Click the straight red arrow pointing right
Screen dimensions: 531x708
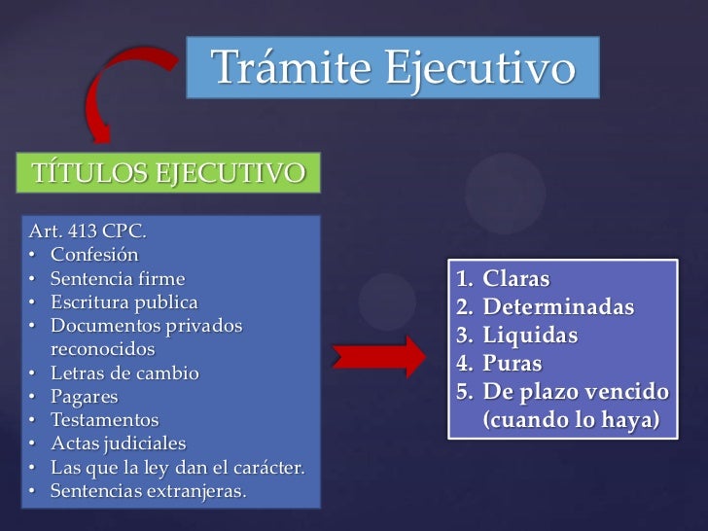[x=378, y=356]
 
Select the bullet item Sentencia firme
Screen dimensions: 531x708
[x=118, y=278]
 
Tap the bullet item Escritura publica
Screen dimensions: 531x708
[x=124, y=301]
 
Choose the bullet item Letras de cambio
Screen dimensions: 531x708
[x=124, y=372]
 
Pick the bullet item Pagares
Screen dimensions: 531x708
[x=85, y=397]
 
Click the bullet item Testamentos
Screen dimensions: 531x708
[x=104, y=420]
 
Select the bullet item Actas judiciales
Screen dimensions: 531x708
[x=118, y=443]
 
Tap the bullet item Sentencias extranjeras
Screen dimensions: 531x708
[x=148, y=490]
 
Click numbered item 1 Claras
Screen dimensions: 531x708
[x=516, y=279]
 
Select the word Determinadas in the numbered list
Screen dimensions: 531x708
[x=558, y=307]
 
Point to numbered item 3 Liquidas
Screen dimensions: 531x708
[x=530, y=336]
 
